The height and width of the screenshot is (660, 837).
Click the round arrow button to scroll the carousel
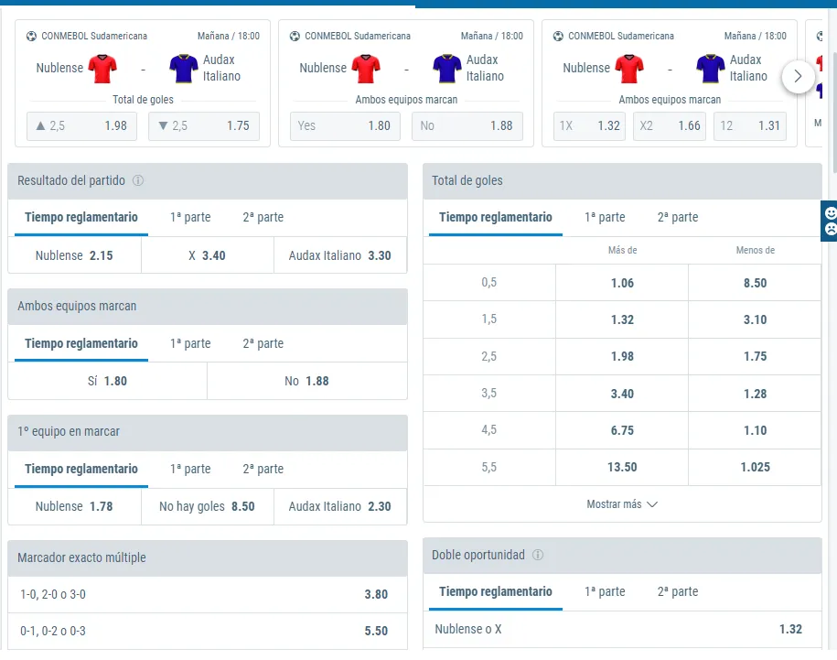798,77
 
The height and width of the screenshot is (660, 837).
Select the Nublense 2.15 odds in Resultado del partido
74,255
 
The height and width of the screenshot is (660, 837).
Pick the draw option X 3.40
207,255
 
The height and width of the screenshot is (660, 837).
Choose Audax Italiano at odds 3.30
339,255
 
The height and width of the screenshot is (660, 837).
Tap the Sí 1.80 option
107,381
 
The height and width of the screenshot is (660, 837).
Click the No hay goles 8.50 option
207,506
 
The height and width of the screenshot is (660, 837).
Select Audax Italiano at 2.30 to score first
339,506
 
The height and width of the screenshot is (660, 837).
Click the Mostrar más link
622,504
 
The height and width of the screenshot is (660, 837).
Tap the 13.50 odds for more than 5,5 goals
622,467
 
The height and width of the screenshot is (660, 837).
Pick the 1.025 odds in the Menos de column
755,467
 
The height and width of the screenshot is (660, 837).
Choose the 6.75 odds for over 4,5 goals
622,430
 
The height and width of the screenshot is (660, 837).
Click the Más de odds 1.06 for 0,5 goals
622,283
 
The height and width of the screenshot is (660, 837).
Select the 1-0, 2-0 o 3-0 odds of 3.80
207,594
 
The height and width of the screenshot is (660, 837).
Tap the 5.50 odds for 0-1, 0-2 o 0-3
207,631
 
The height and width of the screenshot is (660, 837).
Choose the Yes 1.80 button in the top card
344,126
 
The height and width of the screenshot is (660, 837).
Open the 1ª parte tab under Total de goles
605,218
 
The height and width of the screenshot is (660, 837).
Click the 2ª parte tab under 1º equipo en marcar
263,469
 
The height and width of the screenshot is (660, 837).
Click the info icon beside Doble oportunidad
538,555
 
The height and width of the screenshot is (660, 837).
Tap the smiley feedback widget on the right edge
829,222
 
